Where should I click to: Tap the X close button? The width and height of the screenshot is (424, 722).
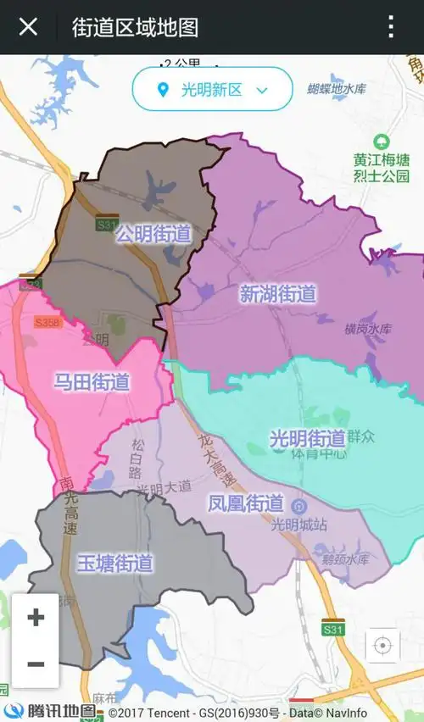pyautogui.click(x=28, y=27)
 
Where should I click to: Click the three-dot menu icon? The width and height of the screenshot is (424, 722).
pyautogui.click(x=391, y=27)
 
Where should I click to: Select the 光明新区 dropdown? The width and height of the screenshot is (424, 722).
pyautogui.click(x=212, y=89)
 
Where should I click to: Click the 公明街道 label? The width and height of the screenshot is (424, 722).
pyautogui.click(x=153, y=233)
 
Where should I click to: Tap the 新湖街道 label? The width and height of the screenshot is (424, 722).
pyautogui.click(x=277, y=294)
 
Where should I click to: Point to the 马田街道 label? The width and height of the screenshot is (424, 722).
pyautogui.click(x=92, y=382)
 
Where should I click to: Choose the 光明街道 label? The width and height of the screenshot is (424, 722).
pyautogui.click(x=307, y=438)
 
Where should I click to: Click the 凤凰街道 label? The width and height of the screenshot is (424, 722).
pyautogui.click(x=245, y=503)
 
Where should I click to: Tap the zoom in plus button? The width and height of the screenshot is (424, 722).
pyautogui.click(x=36, y=617)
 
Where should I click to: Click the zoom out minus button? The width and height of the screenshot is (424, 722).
pyautogui.click(x=36, y=664)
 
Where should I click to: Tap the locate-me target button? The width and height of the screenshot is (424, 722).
pyautogui.click(x=382, y=646)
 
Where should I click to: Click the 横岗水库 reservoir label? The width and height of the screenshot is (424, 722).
pyautogui.click(x=368, y=329)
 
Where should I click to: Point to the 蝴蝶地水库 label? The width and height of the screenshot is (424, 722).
pyautogui.click(x=337, y=88)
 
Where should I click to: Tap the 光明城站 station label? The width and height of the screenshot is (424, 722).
pyautogui.click(x=298, y=524)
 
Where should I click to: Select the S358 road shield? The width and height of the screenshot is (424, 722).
pyautogui.click(x=48, y=323)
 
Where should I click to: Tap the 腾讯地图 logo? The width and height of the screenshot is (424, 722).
pyautogui.click(x=51, y=712)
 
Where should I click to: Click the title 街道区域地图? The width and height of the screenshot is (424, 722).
pyautogui.click(x=135, y=27)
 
